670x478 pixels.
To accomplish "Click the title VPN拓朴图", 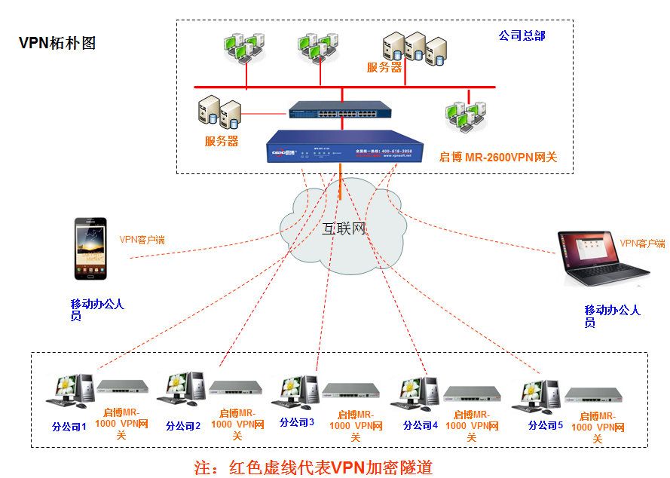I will coord(57,43).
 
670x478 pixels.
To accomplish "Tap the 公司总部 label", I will coord(522,35).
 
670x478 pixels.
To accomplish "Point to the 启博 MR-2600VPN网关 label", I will coord(497,158).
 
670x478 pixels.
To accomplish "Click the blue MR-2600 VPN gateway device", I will coord(344,146).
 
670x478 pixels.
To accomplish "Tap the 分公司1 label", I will coord(69,427).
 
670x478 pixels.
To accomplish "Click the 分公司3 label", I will coord(297,422).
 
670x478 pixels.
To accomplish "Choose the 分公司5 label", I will coord(546,425).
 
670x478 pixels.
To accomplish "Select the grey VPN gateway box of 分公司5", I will coord(593,394).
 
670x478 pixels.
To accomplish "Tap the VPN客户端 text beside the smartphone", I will coord(142,241).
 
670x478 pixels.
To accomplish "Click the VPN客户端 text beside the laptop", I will coord(642,244).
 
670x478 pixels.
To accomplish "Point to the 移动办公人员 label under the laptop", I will coord(612,316).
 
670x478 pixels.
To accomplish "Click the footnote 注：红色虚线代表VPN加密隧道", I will coord(314,467).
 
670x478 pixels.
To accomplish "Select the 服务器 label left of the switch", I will coord(222,141).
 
